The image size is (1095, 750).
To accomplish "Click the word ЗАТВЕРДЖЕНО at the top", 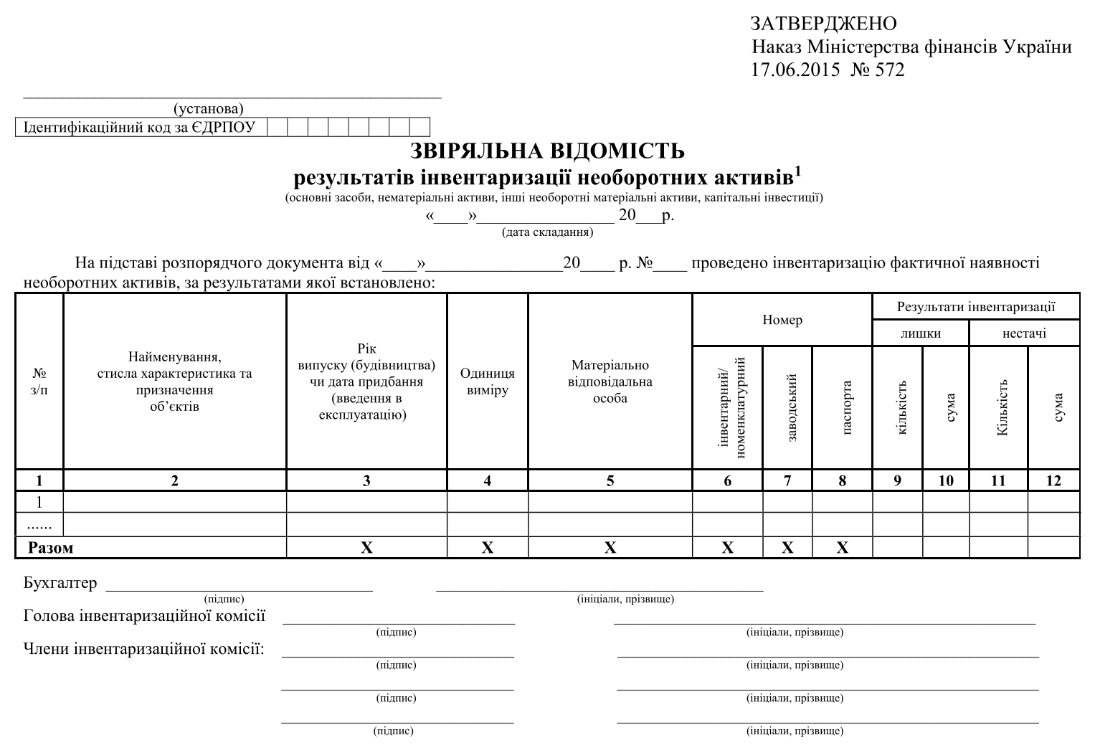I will tap(824, 24).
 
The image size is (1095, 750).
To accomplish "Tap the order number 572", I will tap(889, 70).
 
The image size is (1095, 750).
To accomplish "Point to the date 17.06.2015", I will tap(795, 70).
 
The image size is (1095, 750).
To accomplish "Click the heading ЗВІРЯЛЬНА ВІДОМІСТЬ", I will tap(547, 151).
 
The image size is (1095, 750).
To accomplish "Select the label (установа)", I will tap(208, 109).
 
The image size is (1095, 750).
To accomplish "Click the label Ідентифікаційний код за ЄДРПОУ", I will tap(139, 128).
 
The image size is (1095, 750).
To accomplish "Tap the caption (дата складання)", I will tap(547, 232).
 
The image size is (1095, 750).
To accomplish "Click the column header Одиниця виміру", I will tap(487, 381).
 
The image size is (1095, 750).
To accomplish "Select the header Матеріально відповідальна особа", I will tap(610, 381).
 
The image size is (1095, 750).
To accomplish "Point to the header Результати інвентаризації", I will tap(976, 307).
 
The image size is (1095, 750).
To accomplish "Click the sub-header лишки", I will tap(921, 333).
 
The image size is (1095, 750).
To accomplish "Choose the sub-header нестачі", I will tap(1024, 333).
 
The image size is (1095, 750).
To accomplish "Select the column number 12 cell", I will tap(1053, 480).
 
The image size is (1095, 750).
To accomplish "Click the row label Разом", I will tap(50, 548).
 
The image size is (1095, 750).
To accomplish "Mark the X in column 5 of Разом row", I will tap(610, 548).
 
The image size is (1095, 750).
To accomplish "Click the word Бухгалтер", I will tap(60, 583).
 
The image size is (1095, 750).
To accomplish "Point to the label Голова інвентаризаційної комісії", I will tap(144, 616).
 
